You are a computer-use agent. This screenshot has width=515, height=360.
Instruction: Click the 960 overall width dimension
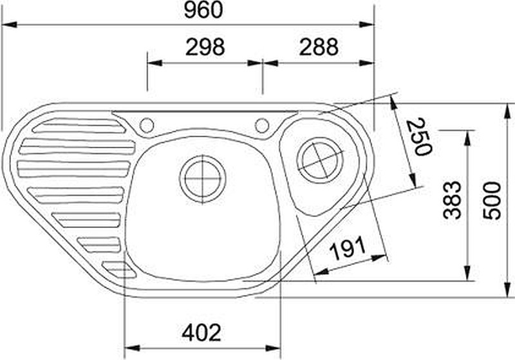point(203,10)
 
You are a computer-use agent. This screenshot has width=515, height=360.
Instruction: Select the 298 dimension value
point(205,47)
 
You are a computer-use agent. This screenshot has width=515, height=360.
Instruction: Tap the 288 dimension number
point(319,47)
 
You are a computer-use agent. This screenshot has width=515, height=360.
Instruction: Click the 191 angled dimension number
point(348,248)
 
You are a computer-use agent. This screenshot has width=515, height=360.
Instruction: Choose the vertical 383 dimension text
point(453,200)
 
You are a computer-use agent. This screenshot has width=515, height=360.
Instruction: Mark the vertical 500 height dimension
point(492,200)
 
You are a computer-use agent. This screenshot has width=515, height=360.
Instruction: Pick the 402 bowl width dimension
point(201,332)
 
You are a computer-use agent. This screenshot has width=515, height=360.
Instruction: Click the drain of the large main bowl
point(203,179)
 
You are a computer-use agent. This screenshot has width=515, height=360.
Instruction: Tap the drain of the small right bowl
point(321,160)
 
